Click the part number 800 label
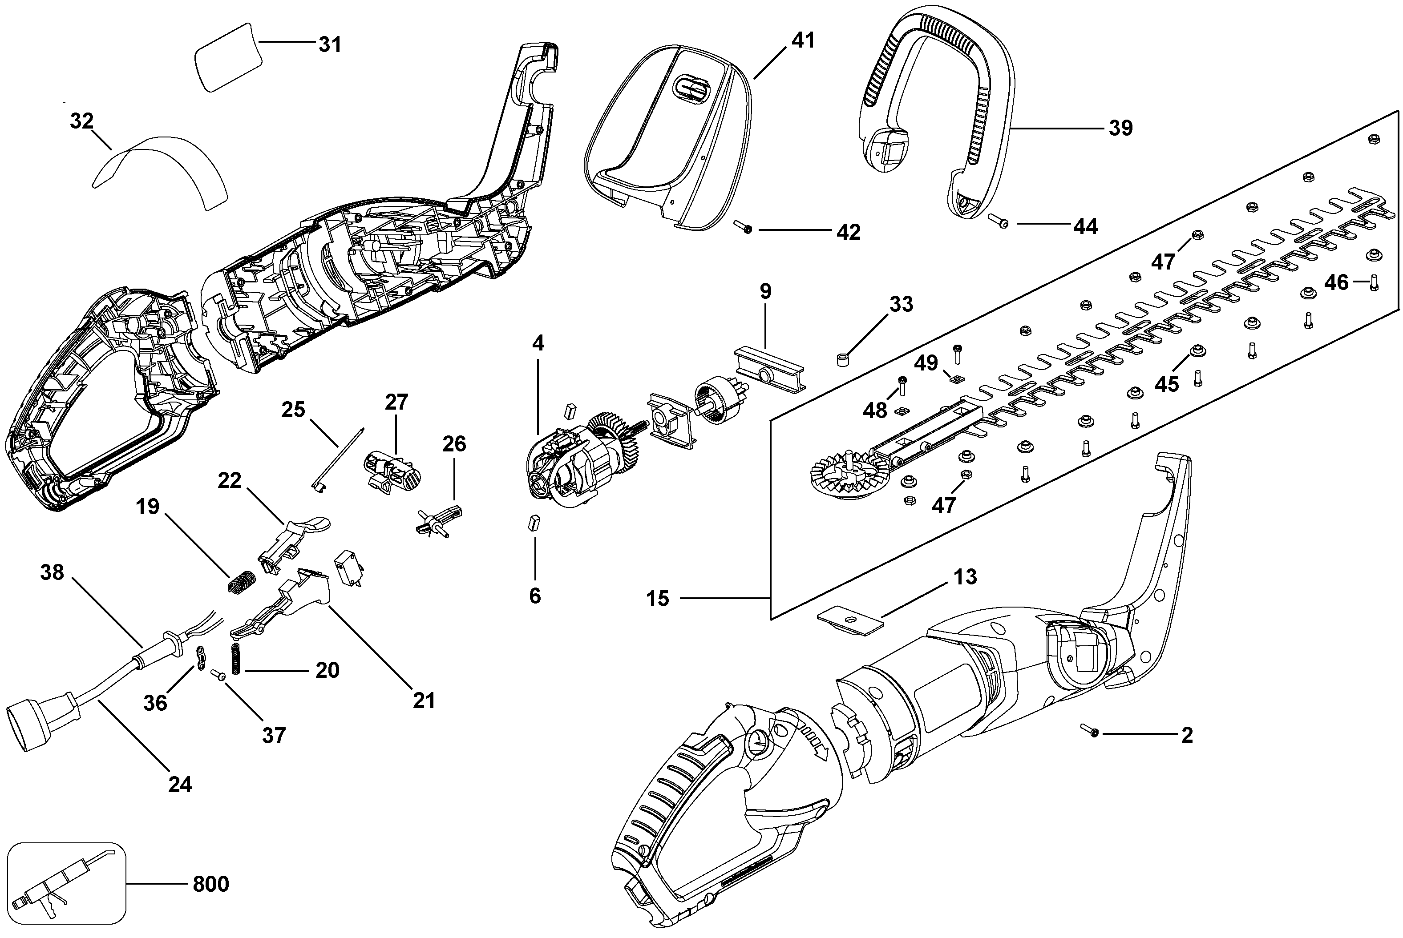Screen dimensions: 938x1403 (x=210, y=884)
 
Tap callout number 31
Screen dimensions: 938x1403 (x=329, y=44)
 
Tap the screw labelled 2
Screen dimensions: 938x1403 (x=1089, y=730)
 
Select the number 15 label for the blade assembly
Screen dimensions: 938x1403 (x=657, y=598)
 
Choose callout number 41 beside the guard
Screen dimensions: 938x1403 (x=803, y=40)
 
